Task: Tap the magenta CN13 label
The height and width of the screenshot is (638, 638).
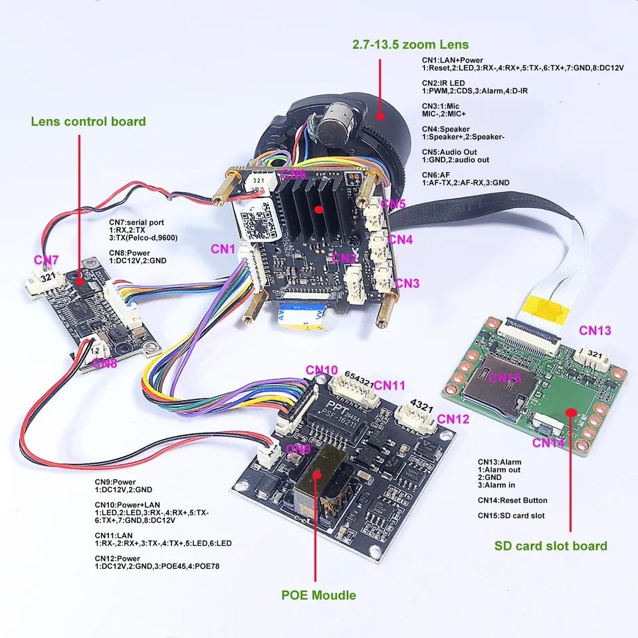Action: click(x=595, y=330)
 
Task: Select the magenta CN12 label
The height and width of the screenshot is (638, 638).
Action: click(x=455, y=419)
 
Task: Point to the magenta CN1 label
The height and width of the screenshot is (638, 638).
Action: click(x=224, y=249)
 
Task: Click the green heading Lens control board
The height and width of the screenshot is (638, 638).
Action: click(x=88, y=121)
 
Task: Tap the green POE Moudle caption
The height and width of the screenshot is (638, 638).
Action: click(x=318, y=595)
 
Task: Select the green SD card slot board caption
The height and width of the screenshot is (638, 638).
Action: click(x=551, y=546)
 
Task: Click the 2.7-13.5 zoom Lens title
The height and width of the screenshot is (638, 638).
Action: click(x=410, y=45)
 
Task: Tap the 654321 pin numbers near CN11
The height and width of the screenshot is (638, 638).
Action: click(x=352, y=381)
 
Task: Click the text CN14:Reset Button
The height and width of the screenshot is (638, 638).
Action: click(x=512, y=500)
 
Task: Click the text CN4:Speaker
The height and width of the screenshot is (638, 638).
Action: click(x=445, y=129)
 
